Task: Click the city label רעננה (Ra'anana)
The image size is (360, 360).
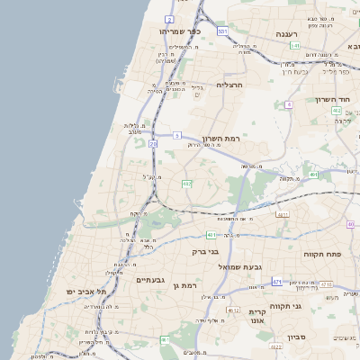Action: point(293,32)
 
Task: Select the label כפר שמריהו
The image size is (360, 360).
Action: point(179,31)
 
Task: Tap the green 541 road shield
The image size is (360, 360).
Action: point(294,45)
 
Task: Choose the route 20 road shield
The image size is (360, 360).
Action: point(154,143)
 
